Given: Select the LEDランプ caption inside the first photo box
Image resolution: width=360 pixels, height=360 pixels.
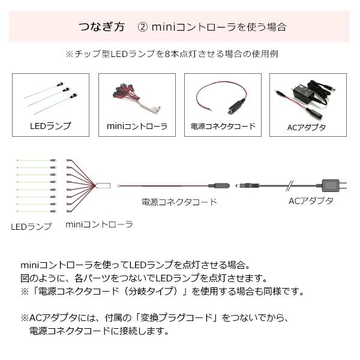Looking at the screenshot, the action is [x=50, y=126].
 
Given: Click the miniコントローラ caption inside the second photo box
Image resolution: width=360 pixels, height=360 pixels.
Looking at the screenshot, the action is [x=137, y=126].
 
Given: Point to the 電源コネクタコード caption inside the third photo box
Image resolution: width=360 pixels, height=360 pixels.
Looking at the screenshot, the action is [x=223, y=126].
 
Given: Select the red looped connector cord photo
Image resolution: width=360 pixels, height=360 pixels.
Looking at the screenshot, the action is [x=222, y=98].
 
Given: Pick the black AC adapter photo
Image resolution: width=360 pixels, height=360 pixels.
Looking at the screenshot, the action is [x=307, y=97].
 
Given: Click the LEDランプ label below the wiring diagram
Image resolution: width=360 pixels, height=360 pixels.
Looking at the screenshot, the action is [x=31, y=227].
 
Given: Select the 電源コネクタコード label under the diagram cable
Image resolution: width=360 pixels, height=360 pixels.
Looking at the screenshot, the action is [x=179, y=202].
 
